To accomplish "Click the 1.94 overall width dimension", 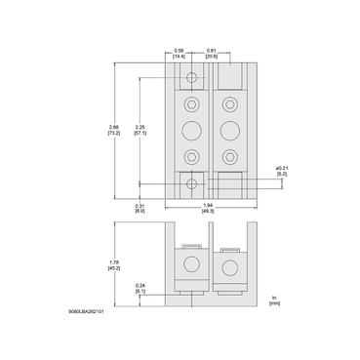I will click(207, 208).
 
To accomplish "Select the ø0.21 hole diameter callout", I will click(280, 172).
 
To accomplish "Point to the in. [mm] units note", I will click(276, 300).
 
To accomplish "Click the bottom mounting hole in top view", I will click(192, 183).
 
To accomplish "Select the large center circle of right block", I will click(228, 129).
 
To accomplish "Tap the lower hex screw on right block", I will click(228, 155).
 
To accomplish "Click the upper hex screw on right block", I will click(228, 103).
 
